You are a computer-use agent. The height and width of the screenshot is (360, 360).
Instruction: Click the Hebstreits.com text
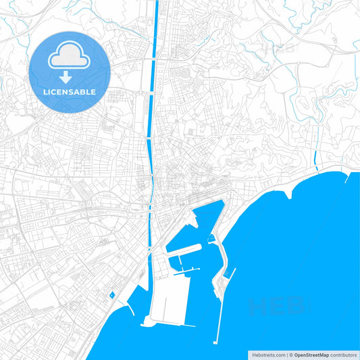268,355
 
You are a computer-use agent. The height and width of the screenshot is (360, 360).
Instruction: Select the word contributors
343,355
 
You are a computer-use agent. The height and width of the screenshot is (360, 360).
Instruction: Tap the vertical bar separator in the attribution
286,355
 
